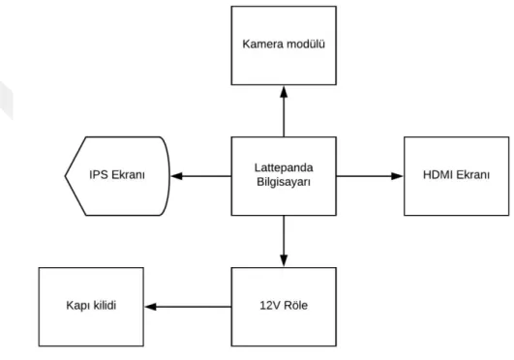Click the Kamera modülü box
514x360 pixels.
coord(284,45)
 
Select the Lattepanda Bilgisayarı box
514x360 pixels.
coord(284,176)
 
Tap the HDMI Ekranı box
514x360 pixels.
coord(456,176)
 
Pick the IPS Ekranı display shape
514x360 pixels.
coord(117,176)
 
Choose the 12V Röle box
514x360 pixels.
coord(284,307)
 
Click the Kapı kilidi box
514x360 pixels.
coord(91,307)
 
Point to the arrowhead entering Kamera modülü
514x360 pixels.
coord(284,92)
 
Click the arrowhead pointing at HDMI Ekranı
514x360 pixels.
coord(397,176)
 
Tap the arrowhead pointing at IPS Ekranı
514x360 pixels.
coord(177,176)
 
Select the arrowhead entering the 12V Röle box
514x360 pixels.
coord(284,260)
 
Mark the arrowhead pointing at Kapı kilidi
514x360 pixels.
coord(150,307)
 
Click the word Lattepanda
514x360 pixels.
coord(284,167)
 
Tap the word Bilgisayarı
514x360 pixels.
coord(284,182)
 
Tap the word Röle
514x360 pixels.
coord(295,305)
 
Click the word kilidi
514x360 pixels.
coord(105,305)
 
